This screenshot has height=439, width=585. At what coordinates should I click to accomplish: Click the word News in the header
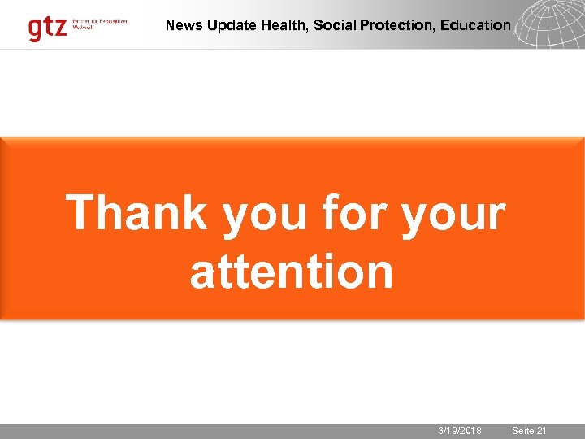click(184, 25)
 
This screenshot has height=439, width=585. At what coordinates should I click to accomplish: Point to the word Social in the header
click(333, 25)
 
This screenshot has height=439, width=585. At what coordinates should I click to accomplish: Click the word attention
click(292, 272)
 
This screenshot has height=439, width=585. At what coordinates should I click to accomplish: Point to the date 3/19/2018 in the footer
click(460, 431)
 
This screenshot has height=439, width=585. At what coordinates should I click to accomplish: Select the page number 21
click(542, 431)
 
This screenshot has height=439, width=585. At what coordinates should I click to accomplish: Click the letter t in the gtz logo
click(49, 27)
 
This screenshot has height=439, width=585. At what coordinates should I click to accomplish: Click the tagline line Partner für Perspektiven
click(100, 20)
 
